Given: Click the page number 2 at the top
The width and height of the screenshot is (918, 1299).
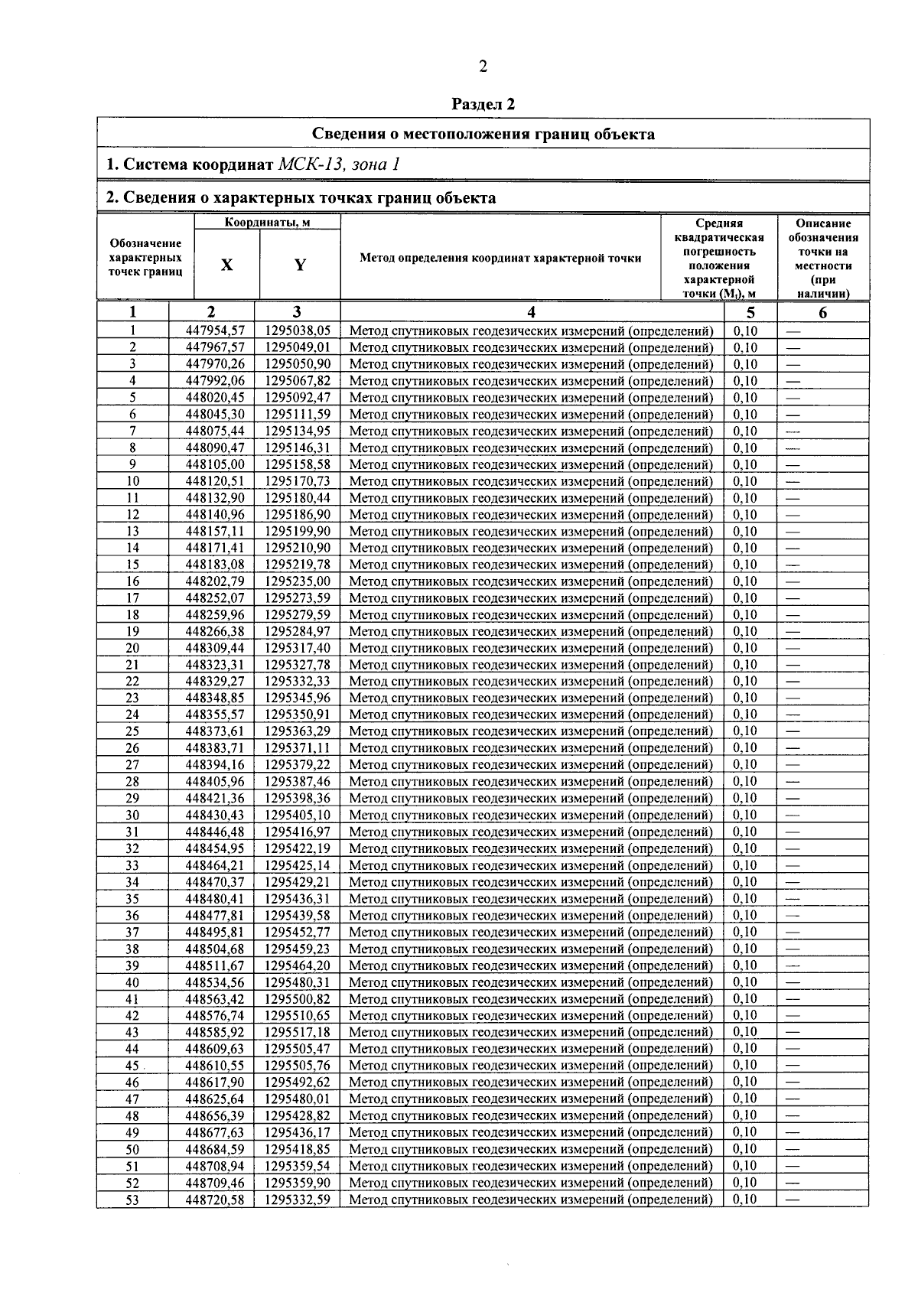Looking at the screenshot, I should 483,67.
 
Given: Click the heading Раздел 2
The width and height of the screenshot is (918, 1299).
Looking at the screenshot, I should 483,104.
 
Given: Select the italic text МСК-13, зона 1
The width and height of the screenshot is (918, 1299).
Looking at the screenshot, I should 340,164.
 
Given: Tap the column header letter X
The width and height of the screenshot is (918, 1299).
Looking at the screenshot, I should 227,265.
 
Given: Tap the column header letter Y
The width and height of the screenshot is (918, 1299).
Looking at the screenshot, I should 300,265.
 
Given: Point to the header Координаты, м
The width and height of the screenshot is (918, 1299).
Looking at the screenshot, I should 267,223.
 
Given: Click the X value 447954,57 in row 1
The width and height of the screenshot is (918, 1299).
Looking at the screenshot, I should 215,330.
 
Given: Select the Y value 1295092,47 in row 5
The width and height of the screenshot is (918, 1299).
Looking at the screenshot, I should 298,398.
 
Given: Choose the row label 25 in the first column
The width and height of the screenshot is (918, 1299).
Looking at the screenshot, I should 132,731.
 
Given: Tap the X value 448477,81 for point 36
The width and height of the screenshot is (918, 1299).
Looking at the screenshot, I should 215,916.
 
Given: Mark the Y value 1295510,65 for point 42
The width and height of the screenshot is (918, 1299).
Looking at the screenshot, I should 298,1016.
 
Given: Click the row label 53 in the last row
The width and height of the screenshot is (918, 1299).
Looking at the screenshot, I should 132,1200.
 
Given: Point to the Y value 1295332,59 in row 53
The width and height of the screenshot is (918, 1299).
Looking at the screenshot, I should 298,1200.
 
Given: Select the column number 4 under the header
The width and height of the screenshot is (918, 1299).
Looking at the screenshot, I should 532,312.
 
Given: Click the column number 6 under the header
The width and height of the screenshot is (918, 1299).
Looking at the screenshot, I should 823,312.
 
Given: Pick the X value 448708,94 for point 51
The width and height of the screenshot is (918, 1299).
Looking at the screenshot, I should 215,1167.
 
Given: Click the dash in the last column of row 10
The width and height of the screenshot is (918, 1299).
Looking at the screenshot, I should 793,482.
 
